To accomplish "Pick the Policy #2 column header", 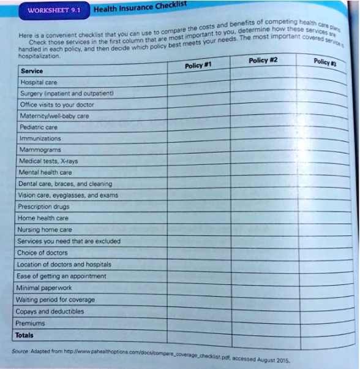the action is point(263,60).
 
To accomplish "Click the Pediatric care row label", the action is point(39,127).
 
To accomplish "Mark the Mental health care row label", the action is point(45,172).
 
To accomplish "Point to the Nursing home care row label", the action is point(46,230).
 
